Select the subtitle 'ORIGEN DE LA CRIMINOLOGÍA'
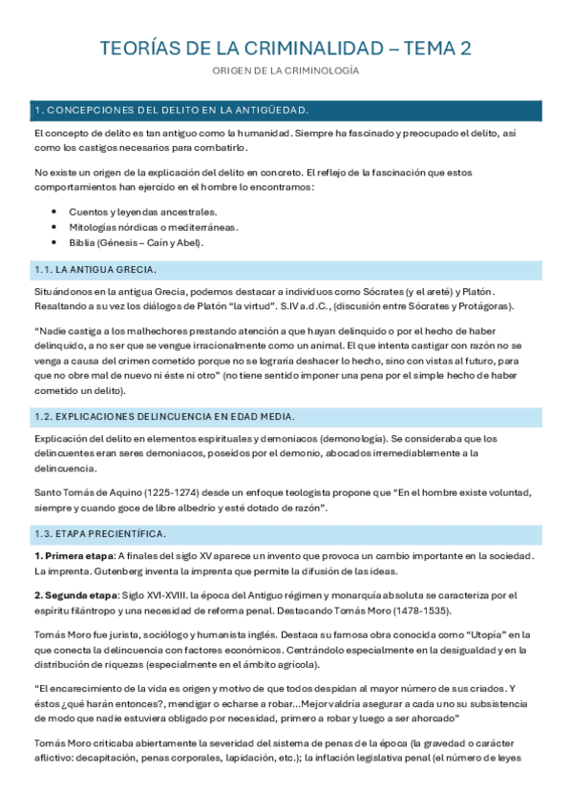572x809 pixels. (x=286, y=72)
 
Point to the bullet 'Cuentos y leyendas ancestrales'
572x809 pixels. (x=142, y=211)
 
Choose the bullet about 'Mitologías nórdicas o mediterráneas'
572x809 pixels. (x=154, y=227)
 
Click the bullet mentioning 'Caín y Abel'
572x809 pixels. (x=136, y=242)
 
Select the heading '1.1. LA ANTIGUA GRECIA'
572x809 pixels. (x=95, y=270)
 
